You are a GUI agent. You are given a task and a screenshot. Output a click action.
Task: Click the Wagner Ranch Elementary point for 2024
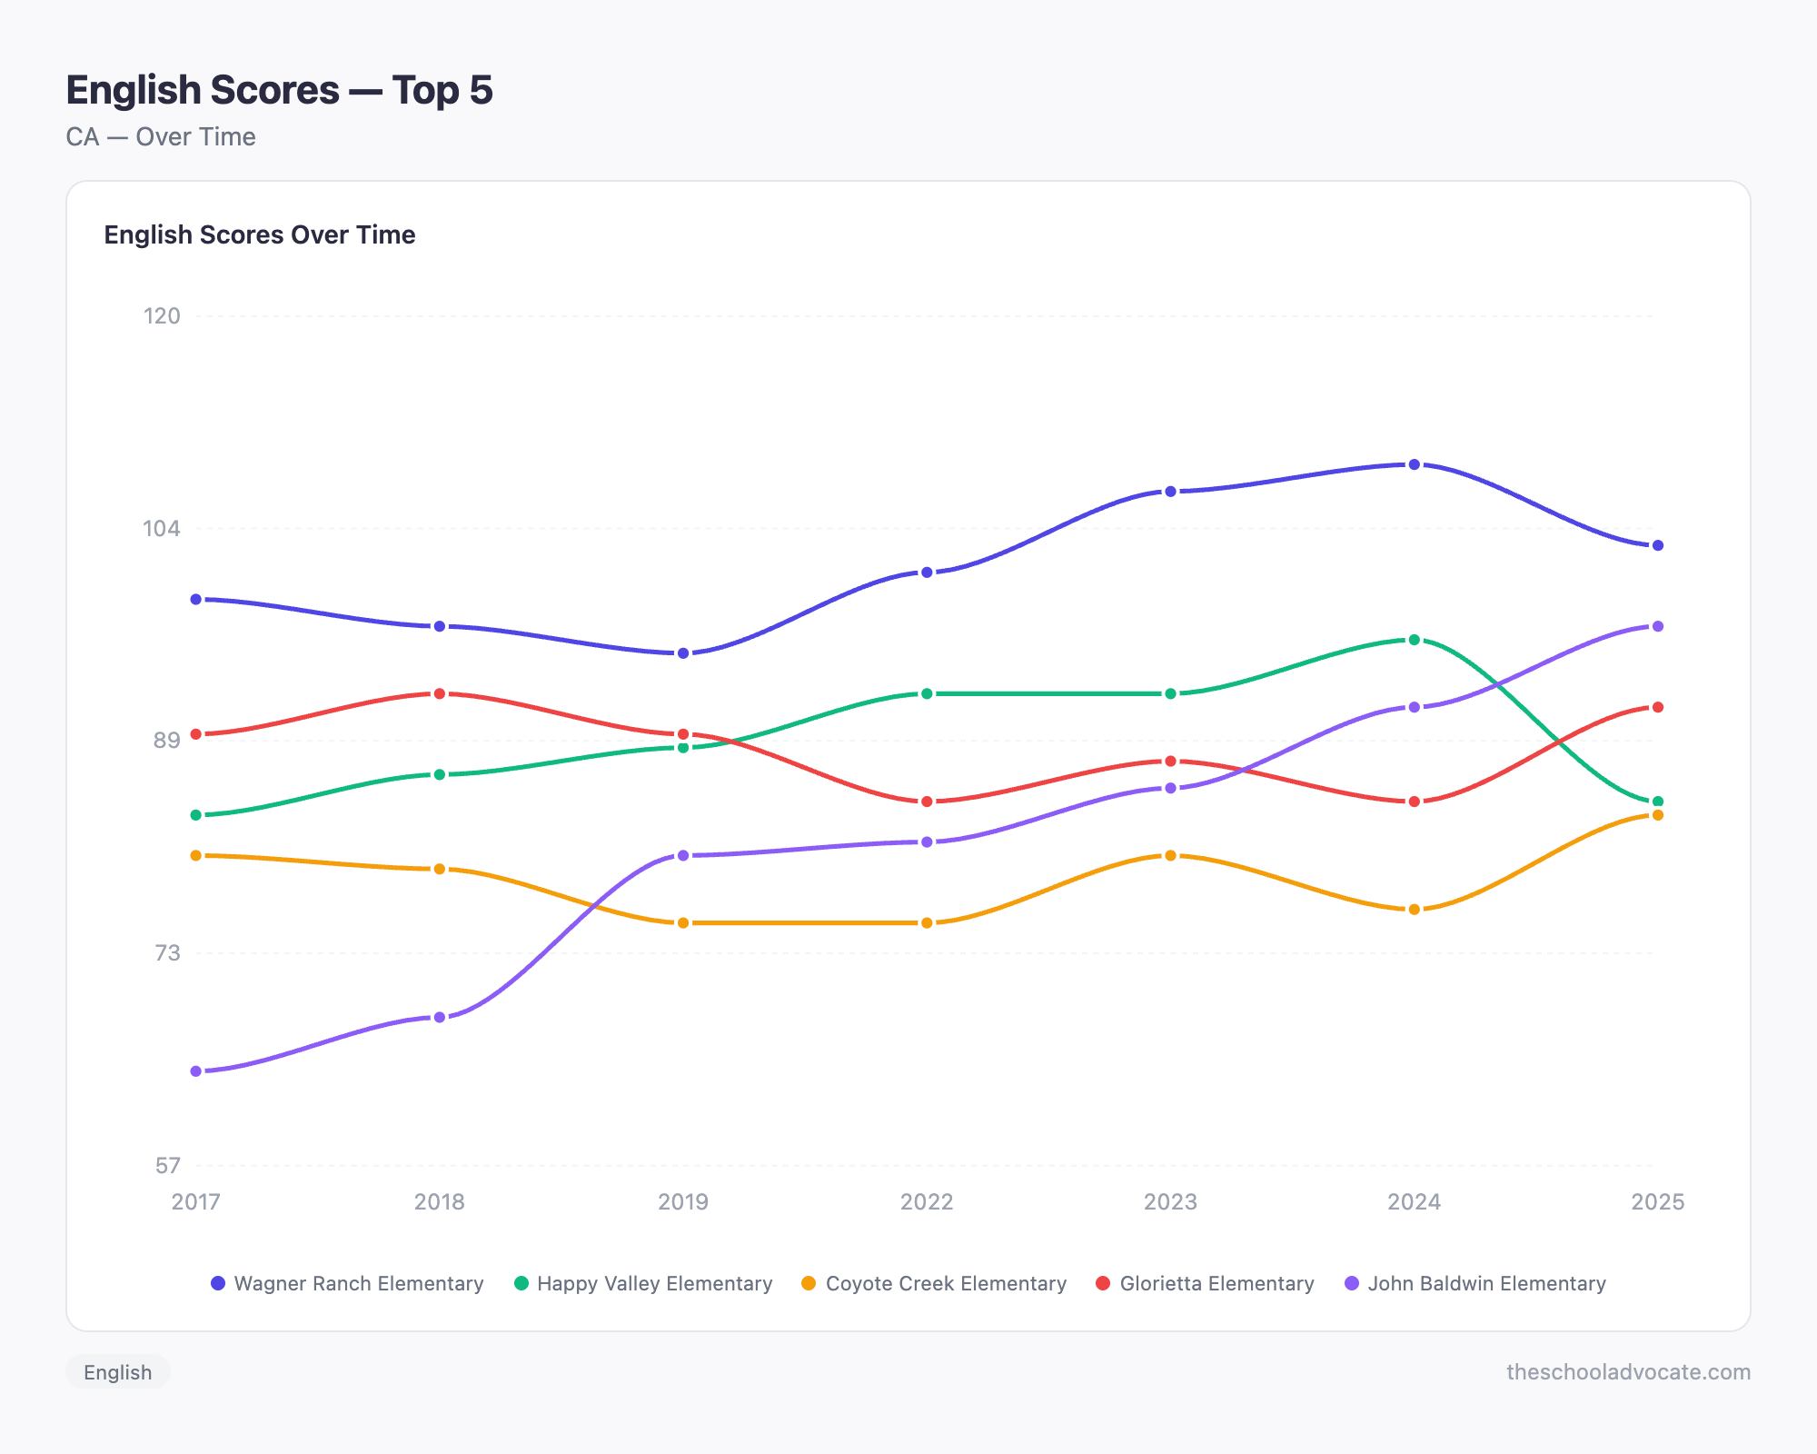coord(1414,464)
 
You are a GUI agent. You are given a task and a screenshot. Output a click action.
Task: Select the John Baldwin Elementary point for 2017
coord(196,1071)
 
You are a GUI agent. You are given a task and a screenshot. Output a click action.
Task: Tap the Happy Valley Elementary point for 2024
coord(1414,640)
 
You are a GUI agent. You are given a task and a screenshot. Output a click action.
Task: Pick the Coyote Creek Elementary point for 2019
coord(683,923)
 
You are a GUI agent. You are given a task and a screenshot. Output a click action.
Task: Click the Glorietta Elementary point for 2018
coord(440,693)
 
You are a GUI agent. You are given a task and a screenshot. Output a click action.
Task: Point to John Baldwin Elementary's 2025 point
coord(1657,626)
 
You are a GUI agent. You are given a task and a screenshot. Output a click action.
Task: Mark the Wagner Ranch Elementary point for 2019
coord(683,653)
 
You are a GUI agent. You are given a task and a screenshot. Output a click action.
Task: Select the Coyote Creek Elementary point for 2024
coord(1414,910)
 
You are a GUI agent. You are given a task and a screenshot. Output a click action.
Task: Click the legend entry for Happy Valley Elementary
coord(643,1283)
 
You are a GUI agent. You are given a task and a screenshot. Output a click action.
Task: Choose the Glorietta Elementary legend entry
coord(1205,1283)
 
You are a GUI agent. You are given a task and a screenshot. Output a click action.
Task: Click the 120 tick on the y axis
coord(162,316)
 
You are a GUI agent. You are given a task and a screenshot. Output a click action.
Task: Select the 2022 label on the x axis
coord(927,1201)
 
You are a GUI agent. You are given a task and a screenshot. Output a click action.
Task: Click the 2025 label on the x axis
coord(1657,1201)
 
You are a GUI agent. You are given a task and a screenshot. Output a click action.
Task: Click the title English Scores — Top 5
coord(279,90)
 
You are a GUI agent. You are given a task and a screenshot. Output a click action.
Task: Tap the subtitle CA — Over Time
coord(161,136)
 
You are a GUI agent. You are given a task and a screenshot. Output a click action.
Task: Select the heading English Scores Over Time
coord(260,234)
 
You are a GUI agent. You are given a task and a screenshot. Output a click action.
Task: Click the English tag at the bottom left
coord(118,1371)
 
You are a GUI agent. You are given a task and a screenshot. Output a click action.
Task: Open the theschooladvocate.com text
coord(1628,1371)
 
